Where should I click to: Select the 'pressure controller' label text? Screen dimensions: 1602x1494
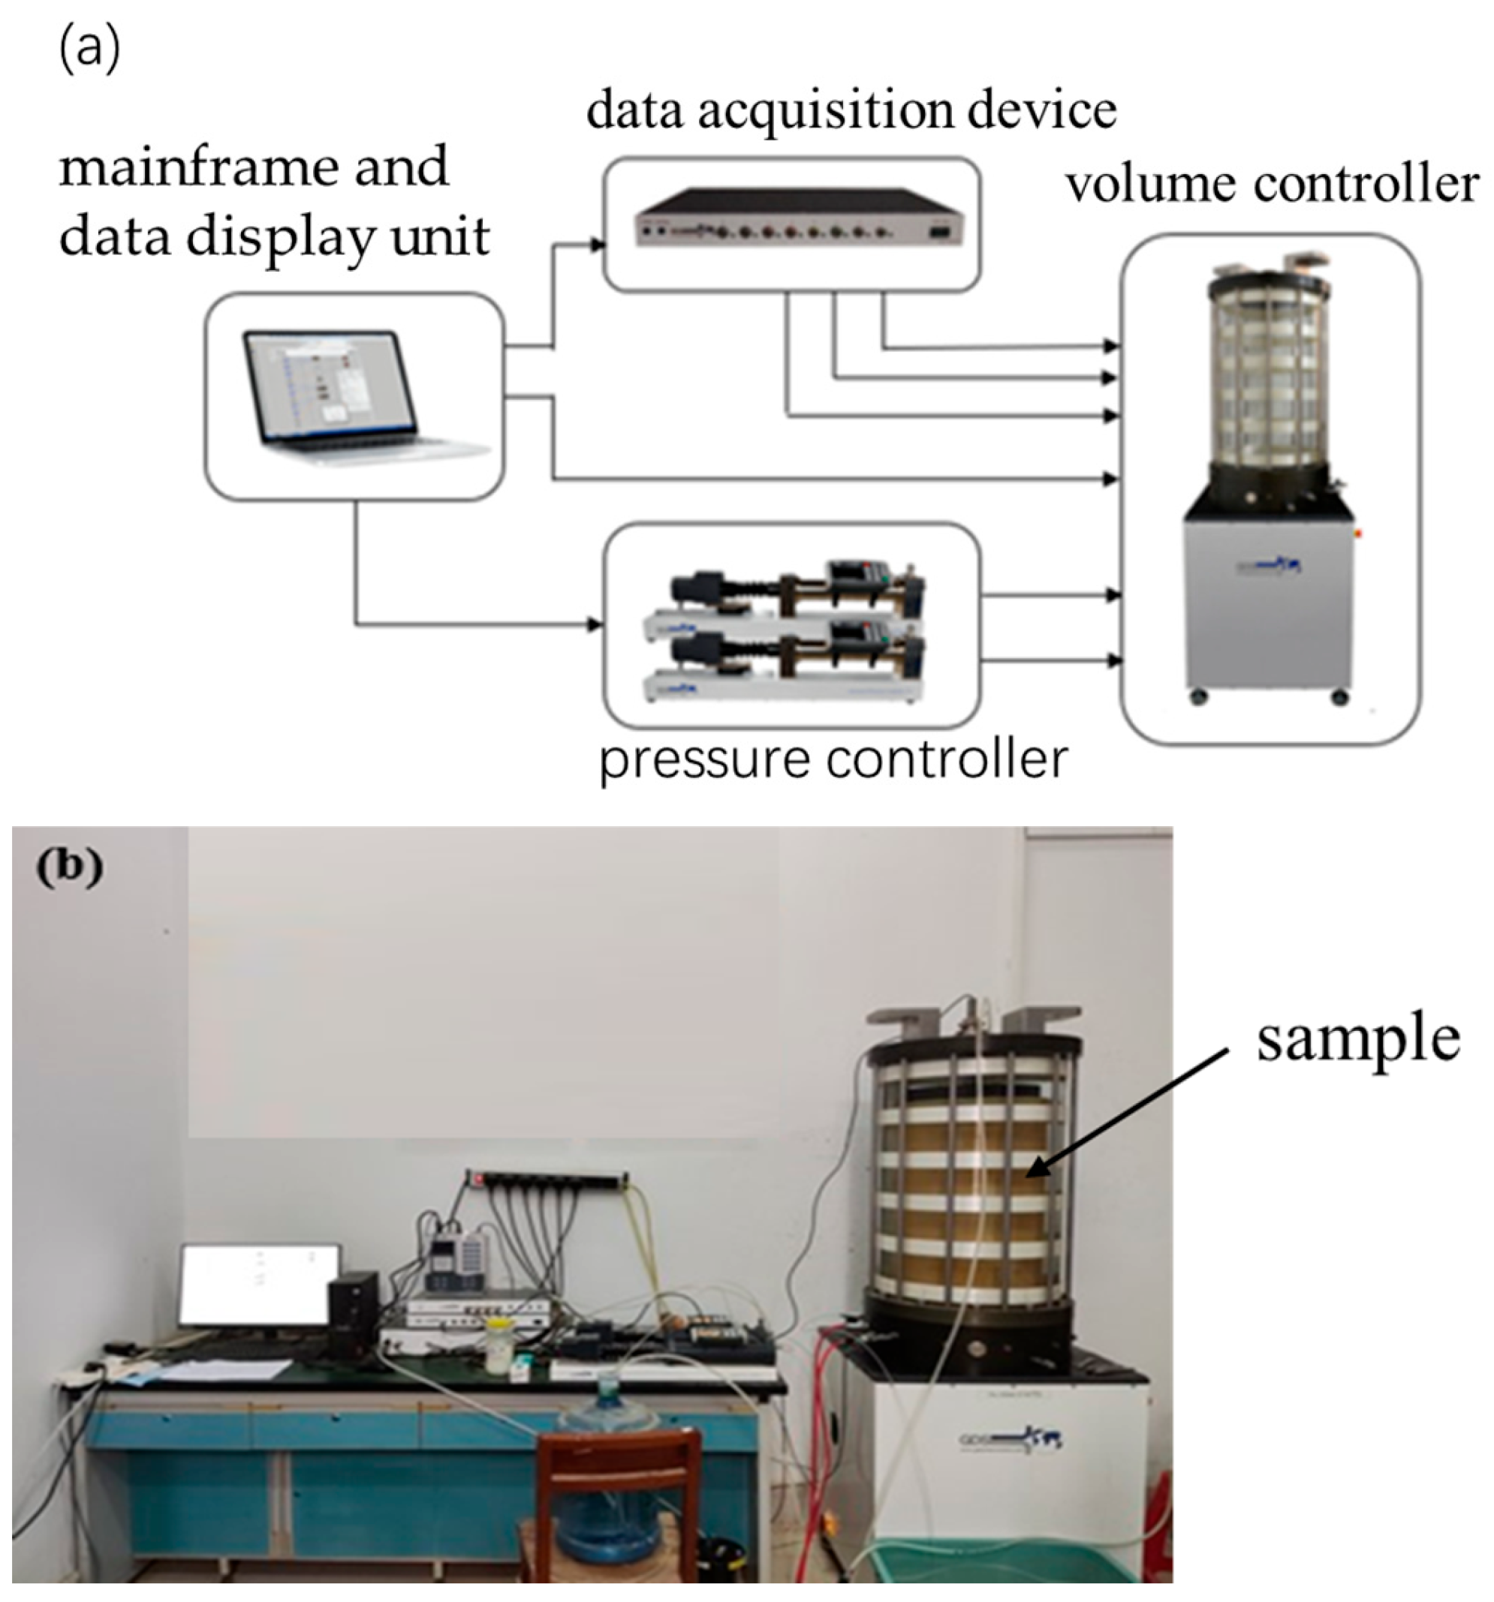832,759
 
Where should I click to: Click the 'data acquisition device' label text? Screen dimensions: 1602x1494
851,110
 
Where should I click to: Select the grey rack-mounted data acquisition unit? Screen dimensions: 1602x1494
798,218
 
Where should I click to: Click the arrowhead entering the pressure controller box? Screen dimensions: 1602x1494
596,624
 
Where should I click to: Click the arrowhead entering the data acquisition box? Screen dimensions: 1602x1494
598,244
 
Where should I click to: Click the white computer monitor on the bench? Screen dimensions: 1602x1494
260,1286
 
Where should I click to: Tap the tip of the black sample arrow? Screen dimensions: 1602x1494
1027,1176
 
